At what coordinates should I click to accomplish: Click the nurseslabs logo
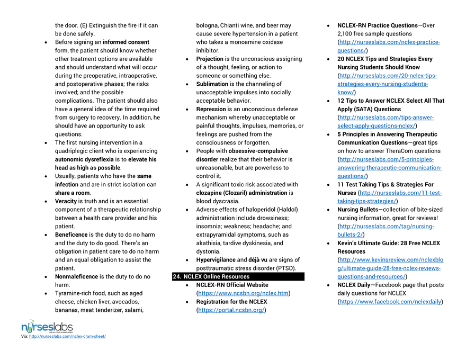(x=47, y=327)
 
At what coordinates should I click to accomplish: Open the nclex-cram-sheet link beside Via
(x=67, y=336)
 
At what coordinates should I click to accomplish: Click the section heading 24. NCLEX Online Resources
(x=211, y=276)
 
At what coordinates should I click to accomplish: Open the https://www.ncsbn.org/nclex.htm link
(x=243, y=293)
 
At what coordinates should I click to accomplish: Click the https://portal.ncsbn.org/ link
(x=231, y=310)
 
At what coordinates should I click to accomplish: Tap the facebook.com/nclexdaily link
(x=390, y=302)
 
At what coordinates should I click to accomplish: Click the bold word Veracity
(x=66, y=201)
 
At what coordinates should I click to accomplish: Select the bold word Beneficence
(x=71, y=235)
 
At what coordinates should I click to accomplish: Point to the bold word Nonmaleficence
(x=76, y=276)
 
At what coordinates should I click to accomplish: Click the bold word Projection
(x=210, y=59)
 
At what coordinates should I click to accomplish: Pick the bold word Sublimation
(x=212, y=84)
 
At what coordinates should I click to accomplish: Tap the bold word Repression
(x=211, y=109)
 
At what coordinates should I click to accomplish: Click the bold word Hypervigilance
(x=216, y=260)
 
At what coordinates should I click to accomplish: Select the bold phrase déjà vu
(x=258, y=260)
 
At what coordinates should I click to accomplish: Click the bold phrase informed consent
(x=126, y=42)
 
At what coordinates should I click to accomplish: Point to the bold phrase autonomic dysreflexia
(x=84, y=159)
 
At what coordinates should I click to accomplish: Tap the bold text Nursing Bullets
(x=357, y=210)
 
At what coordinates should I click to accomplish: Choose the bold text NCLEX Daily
(x=354, y=285)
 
